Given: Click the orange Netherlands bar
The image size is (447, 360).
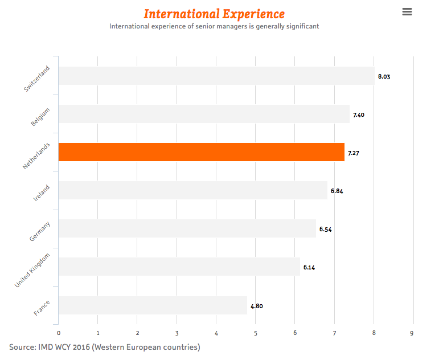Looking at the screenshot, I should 202,152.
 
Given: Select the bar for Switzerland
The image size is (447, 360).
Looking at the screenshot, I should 216,76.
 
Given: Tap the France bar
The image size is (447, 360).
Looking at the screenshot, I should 153,305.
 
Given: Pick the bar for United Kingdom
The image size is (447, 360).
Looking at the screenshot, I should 179,267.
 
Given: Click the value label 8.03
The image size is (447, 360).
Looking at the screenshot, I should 384,76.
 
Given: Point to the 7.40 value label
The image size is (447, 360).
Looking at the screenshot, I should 359,114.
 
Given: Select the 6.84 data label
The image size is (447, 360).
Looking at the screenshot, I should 337,191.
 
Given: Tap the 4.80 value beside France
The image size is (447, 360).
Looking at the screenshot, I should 256,306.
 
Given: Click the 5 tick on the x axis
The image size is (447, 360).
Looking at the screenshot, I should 256,333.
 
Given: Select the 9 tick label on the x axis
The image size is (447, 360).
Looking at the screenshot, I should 412,333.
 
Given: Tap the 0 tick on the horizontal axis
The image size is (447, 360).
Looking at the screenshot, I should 59,333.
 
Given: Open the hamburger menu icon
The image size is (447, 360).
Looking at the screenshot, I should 407,12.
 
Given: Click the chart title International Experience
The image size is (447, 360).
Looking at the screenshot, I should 214,14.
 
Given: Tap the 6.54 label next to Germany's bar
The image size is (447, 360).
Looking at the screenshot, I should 326,229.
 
